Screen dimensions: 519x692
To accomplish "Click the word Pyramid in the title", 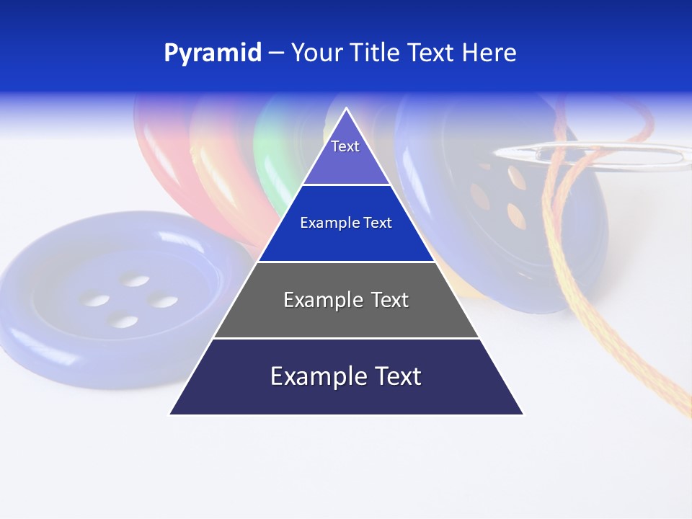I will pyautogui.click(x=213, y=53).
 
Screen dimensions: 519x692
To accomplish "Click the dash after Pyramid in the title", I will pyautogui.click(x=276, y=53).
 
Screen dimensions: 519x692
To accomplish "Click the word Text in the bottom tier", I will pyautogui.click(x=396, y=376).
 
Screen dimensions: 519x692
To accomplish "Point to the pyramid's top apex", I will pyautogui.click(x=347, y=110).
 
